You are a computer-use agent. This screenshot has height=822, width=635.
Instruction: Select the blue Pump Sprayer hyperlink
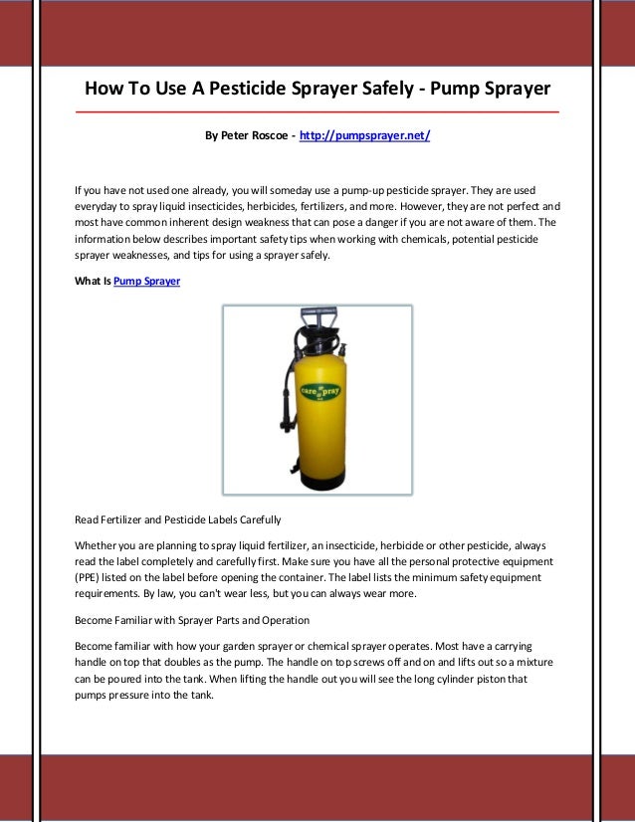click(x=147, y=282)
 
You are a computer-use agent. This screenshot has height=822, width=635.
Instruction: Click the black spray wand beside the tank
click(x=289, y=418)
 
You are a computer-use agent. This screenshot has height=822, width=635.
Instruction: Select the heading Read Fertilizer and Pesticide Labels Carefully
click(x=178, y=519)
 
